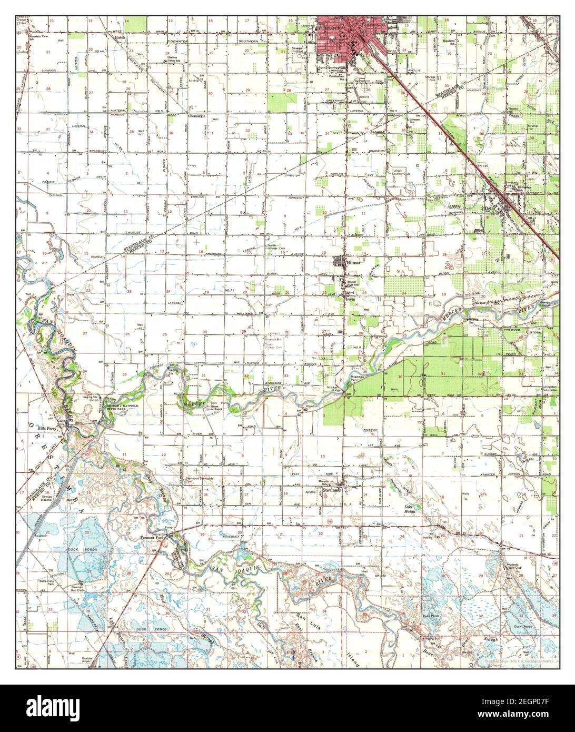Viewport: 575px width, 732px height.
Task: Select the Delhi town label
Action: tap(490, 209)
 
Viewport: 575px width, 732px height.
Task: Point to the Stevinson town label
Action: tap(333, 490)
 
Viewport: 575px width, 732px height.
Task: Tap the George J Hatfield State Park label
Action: tap(122, 407)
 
